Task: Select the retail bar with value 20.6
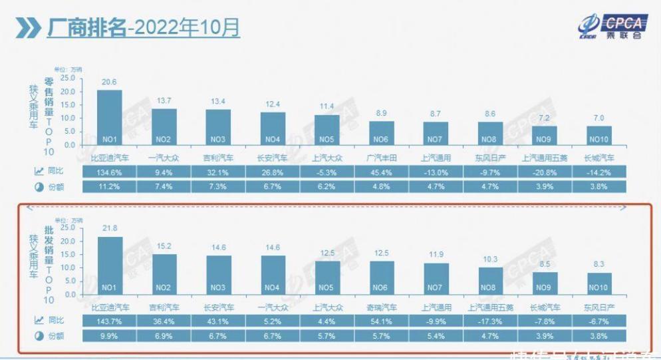110,117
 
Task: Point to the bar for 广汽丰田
382,132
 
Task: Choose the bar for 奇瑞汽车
382,279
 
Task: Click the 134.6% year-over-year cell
110,172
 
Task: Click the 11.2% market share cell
110,187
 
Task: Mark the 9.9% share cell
110,336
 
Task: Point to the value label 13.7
164,100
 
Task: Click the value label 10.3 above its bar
490,259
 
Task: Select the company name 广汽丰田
382,158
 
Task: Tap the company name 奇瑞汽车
382,307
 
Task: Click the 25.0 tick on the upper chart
68,78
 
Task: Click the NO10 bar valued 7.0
599,135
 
